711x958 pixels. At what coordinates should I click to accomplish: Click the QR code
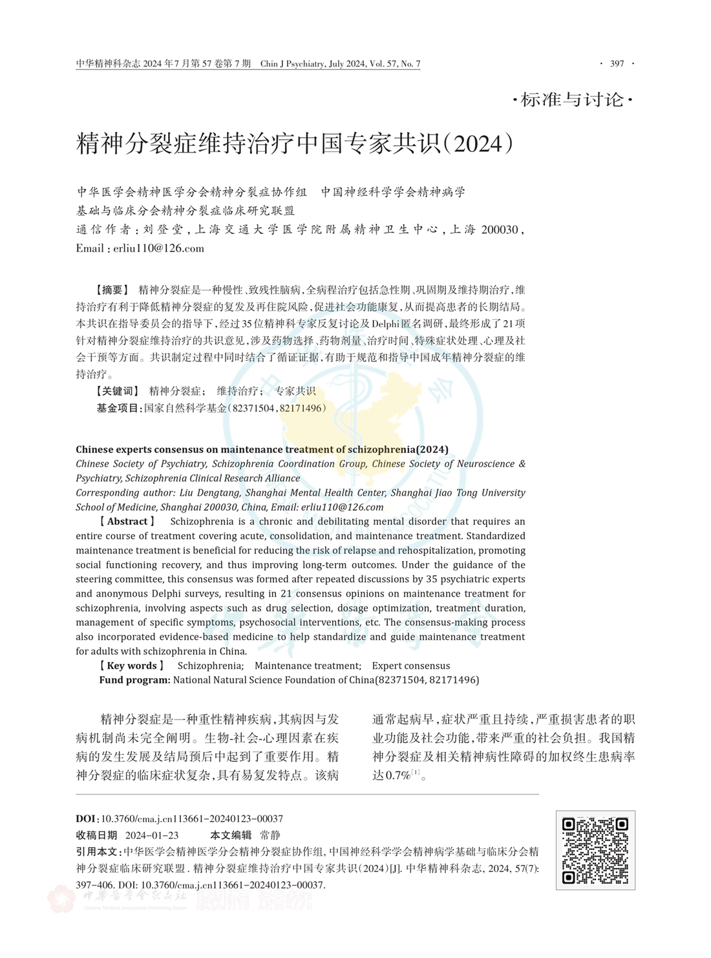[595, 850]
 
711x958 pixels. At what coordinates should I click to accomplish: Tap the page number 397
[617, 63]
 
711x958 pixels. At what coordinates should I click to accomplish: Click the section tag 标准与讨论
[572, 100]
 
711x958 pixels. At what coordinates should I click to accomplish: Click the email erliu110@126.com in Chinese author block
[158, 248]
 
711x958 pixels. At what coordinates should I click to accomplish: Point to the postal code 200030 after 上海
[500, 229]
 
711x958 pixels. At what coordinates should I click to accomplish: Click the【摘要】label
[111, 290]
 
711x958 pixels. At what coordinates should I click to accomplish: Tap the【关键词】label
[117, 390]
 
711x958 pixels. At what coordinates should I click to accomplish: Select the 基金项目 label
[118, 408]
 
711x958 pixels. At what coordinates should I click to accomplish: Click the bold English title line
[262, 449]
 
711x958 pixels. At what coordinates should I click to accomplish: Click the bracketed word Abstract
[127, 521]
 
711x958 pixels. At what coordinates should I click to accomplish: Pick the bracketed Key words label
[131, 665]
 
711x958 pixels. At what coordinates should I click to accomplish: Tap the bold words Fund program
[135, 679]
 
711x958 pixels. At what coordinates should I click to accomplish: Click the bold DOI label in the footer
[87, 818]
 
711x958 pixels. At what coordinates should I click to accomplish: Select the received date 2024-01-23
[152, 835]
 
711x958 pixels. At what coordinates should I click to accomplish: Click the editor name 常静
[270, 835]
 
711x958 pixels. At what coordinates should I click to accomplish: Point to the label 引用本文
[98, 852]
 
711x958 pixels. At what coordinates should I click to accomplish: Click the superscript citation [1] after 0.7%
[416, 772]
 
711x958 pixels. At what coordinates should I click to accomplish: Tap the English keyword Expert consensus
[410, 665]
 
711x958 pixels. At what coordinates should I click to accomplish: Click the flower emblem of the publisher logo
[61, 899]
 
